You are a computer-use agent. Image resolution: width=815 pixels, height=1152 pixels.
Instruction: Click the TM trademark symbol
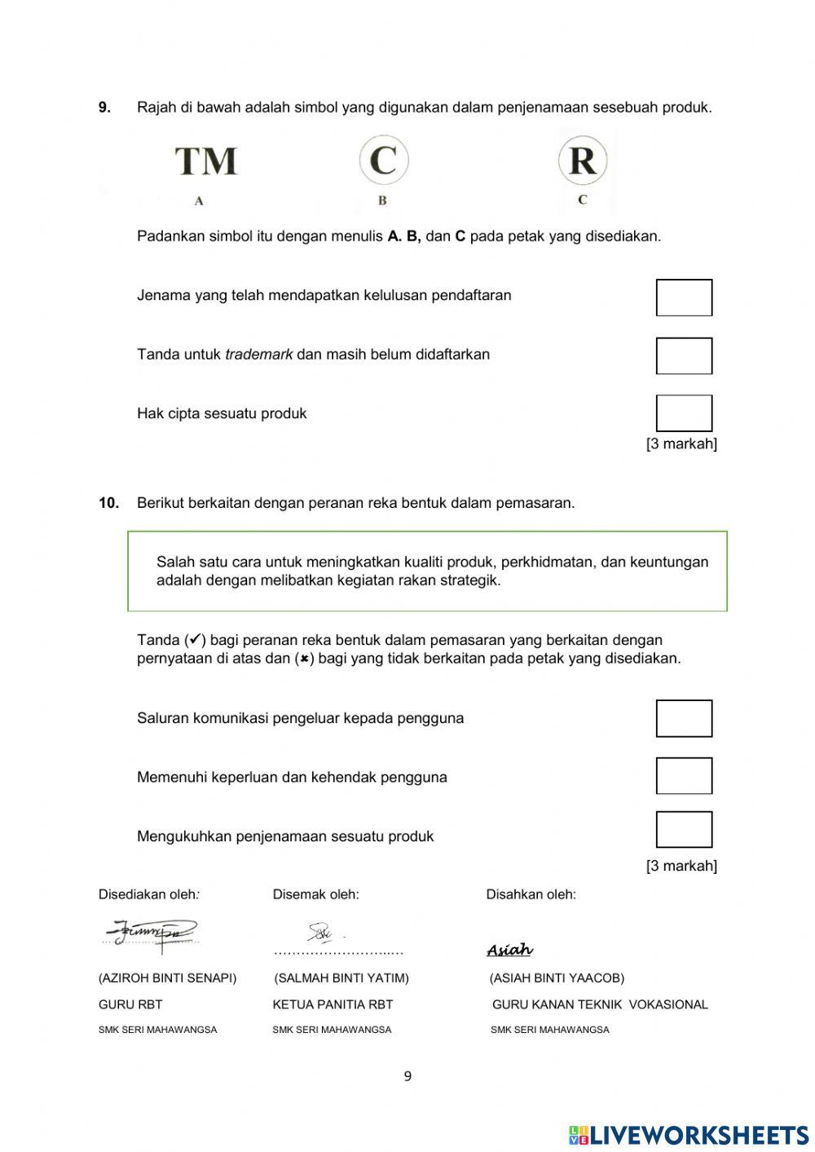point(206,161)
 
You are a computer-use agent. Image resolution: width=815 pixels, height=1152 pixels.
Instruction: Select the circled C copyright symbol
point(383,160)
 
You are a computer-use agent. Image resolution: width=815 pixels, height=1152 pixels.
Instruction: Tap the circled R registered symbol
point(582,160)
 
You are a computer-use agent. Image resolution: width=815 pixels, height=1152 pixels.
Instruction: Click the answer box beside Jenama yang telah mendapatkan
point(684,298)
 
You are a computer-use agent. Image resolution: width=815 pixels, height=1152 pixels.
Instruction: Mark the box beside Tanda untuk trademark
point(684,356)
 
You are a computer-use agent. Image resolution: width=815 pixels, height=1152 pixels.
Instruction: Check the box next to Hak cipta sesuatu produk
point(684,413)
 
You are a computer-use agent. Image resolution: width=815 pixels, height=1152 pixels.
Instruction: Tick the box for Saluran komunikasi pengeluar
point(684,718)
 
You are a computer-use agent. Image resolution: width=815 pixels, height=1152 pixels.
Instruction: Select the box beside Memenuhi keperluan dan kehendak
point(684,776)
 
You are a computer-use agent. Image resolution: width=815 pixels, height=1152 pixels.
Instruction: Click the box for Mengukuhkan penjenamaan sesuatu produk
point(684,830)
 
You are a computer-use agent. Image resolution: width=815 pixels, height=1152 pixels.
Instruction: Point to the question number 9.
point(104,108)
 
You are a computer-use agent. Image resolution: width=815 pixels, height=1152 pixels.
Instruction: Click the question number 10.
point(108,503)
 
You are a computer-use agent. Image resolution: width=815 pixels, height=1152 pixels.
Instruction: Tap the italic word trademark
point(258,355)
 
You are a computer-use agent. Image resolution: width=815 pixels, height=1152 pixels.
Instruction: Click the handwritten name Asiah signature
point(509,950)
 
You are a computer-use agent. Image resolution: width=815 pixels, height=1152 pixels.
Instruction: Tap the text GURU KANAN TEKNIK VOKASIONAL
point(600,1004)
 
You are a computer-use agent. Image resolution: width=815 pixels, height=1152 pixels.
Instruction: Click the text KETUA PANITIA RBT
point(333,1004)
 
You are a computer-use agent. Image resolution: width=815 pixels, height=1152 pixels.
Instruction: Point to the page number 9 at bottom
point(407,1076)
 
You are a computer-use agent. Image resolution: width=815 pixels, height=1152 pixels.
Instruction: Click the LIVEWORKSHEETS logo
point(689,1134)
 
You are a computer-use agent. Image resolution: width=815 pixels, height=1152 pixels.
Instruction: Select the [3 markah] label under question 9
point(681,444)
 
